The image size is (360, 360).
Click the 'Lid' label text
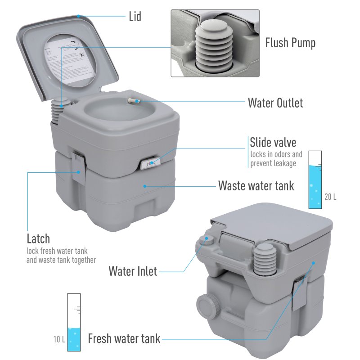135,17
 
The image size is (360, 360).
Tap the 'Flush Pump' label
290,43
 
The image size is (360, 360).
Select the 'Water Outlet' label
275,103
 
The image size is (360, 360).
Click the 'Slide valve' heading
273,143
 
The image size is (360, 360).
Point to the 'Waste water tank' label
256,185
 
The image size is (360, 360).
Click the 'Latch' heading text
38,238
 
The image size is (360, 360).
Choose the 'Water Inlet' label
133,271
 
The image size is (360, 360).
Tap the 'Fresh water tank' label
124,338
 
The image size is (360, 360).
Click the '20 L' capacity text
330,197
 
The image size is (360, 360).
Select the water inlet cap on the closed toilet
207,239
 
